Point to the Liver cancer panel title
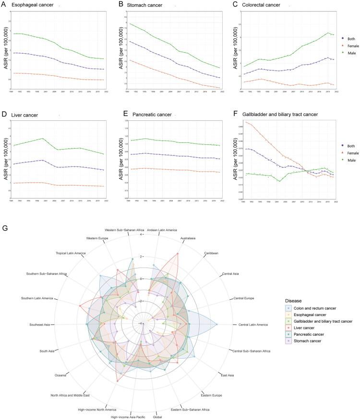[26, 116]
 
